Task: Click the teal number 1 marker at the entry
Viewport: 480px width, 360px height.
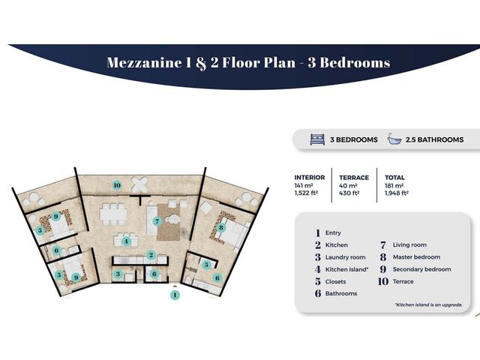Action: (x=175, y=295)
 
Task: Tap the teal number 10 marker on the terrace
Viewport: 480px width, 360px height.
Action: (x=117, y=185)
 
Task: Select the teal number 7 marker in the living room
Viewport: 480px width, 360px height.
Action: (x=157, y=221)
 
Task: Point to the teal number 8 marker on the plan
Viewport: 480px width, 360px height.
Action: (x=221, y=228)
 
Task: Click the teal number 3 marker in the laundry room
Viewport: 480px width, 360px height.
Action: (x=118, y=274)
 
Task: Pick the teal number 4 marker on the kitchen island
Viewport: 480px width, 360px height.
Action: (x=126, y=241)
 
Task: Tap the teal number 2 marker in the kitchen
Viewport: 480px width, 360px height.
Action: (x=151, y=255)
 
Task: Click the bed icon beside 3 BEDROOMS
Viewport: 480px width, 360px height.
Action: (x=317, y=139)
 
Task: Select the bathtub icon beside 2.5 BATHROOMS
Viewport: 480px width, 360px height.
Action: (x=394, y=139)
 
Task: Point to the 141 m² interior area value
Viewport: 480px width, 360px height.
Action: (x=303, y=185)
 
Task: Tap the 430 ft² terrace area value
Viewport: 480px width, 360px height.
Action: (x=349, y=193)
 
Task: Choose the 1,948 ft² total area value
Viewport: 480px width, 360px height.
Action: (x=397, y=193)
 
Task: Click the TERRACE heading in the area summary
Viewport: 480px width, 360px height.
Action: (x=354, y=178)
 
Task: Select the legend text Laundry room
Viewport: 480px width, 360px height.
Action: (x=345, y=257)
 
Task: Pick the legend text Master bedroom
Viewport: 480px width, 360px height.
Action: (x=417, y=257)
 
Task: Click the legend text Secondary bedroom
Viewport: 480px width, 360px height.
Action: (x=421, y=269)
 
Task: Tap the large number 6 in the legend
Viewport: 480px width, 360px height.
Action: (x=318, y=293)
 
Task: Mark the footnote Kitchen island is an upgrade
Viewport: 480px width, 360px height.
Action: (x=428, y=304)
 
